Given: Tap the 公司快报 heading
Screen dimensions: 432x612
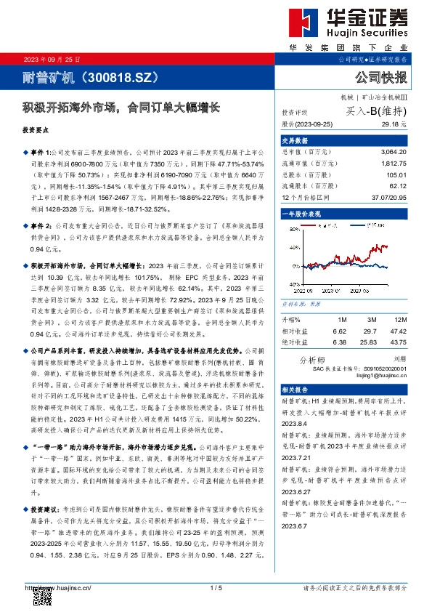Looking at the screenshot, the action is point(380,76).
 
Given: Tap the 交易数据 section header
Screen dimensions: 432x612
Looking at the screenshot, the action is point(296,141).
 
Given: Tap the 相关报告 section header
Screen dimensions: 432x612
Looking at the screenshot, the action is point(296,390).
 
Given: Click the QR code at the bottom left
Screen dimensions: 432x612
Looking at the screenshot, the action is point(43,597).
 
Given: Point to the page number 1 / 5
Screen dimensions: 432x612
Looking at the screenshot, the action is point(216,587).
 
